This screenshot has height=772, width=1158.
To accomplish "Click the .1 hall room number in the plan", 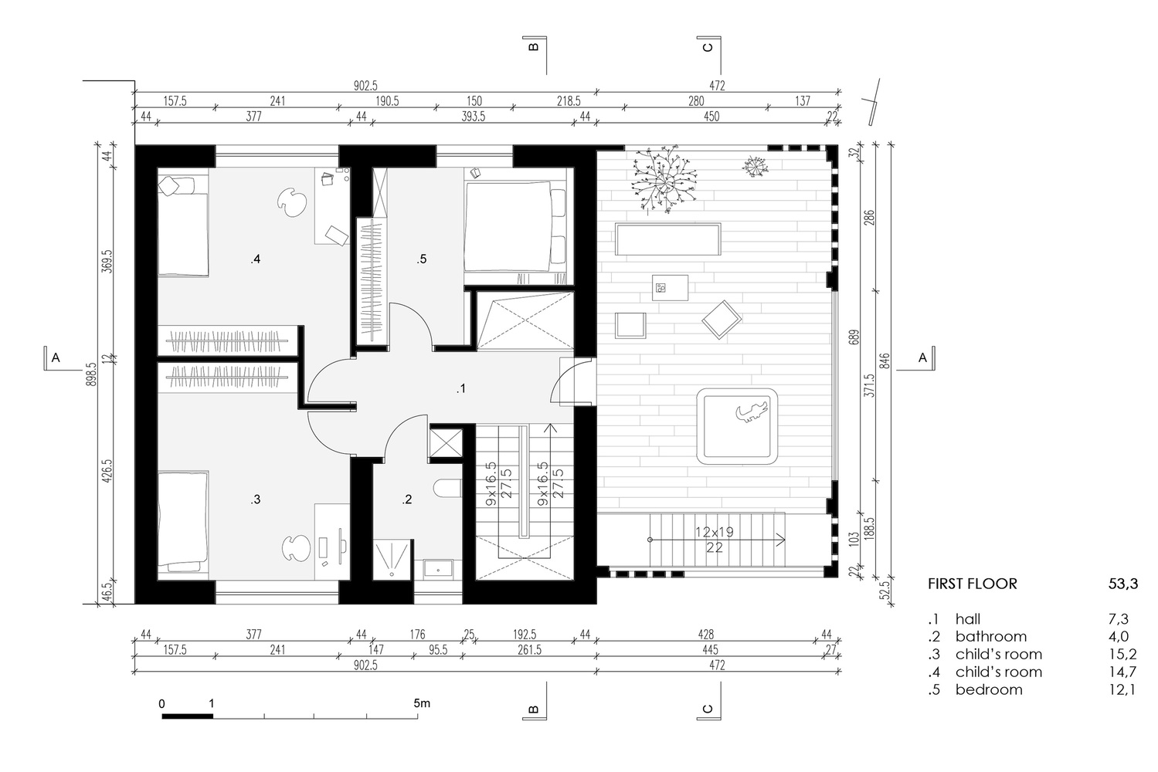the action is pyautogui.click(x=461, y=388).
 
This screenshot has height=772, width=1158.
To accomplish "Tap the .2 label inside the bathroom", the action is pyautogui.click(x=407, y=499).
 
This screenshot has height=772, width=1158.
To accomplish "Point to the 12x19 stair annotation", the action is pyautogui.click(x=715, y=532).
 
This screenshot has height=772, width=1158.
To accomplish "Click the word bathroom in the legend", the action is pyautogui.click(x=990, y=637).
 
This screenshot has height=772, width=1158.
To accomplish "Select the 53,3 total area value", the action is pyautogui.click(x=1122, y=584).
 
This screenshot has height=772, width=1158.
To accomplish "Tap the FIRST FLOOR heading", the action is pyautogui.click(x=973, y=584).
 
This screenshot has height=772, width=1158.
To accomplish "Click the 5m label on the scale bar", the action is pyautogui.click(x=422, y=703).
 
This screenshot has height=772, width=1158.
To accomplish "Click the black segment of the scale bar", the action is pyautogui.click(x=187, y=716).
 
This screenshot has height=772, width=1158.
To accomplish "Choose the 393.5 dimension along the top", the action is pyautogui.click(x=473, y=117).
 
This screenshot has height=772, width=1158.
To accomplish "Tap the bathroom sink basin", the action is pyautogui.click(x=438, y=569).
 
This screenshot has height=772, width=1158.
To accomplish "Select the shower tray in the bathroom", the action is pyautogui.click(x=393, y=560).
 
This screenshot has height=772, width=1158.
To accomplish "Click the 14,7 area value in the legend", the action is pyautogui.click(x=1122, y=672).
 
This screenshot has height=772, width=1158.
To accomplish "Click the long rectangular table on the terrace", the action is pyautogui.click(x=668, y=239).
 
